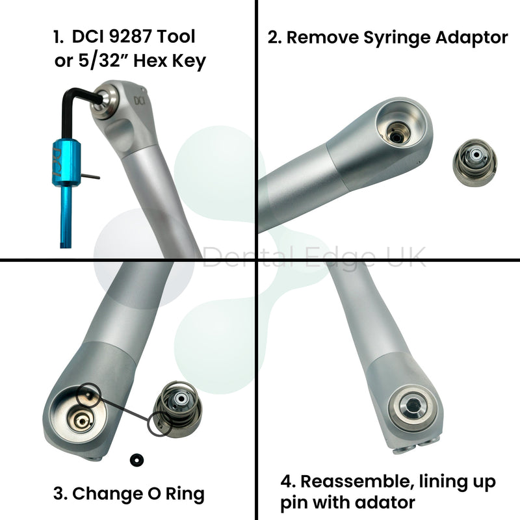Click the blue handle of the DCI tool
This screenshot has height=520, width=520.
(x=66, y=162)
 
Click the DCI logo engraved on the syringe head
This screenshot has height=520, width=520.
(x=140, y=100)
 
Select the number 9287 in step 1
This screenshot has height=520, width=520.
(x=131, y=36)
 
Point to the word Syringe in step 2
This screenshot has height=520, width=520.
(x=398, y=38)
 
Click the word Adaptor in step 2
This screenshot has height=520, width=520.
(x=471, y=38)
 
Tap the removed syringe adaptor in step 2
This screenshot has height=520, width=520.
(x=475, y=162)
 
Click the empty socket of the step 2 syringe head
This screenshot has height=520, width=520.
(x=400, y=124)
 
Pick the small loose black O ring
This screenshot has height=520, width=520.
(x=136, y=460)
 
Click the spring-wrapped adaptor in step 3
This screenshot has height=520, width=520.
(x=178, y=407)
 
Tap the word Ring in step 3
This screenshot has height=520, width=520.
(x=185, y=495)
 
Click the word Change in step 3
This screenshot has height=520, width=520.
(x=107, y=493)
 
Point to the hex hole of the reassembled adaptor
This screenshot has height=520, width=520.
(x=412, y=404)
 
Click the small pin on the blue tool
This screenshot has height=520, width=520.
(x=90, y=176)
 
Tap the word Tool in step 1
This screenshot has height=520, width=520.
(x=175, y=36)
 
